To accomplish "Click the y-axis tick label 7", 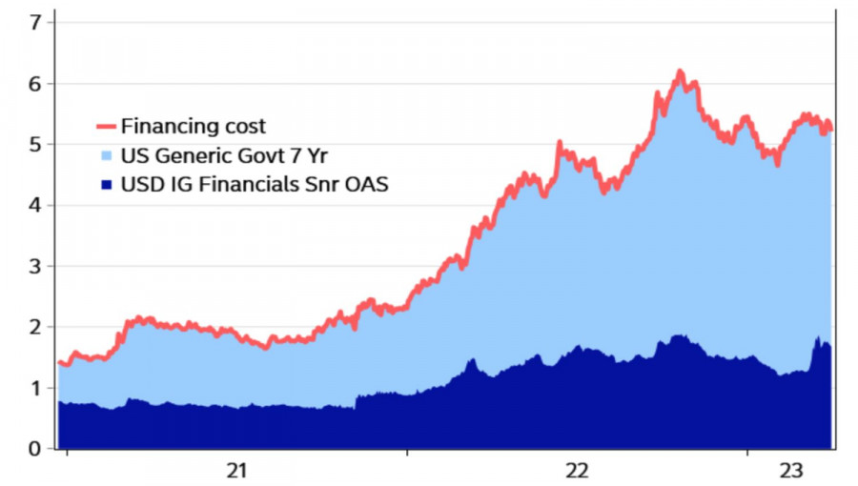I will pos(37,23).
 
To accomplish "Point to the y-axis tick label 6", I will pos(37,84).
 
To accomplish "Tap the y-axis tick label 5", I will pos(37,145).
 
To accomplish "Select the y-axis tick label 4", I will pos(37,206).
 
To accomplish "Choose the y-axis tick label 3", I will pos(37,267).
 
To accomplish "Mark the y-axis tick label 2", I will pos(37,327).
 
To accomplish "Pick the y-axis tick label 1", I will pos(37,388).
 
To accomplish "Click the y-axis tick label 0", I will pos(37,449).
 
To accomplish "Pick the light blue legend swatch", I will pos(107,155).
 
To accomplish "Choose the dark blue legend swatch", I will pos(107,183).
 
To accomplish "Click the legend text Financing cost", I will pos(194,126).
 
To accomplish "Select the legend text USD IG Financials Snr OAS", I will pos(254,183).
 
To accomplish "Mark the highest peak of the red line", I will pos(680,71).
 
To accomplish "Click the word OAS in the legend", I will pos(366,183).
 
